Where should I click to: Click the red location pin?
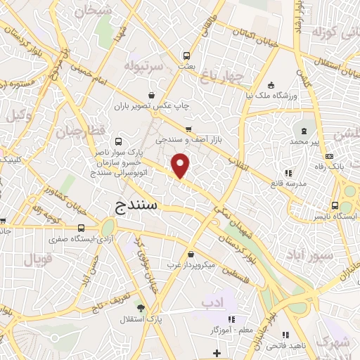coord(181,165)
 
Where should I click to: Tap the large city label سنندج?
coord(139,206)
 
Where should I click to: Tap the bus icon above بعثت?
coord(186,55)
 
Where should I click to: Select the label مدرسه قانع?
coord(288,184)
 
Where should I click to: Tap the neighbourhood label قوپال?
coord(39,259)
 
